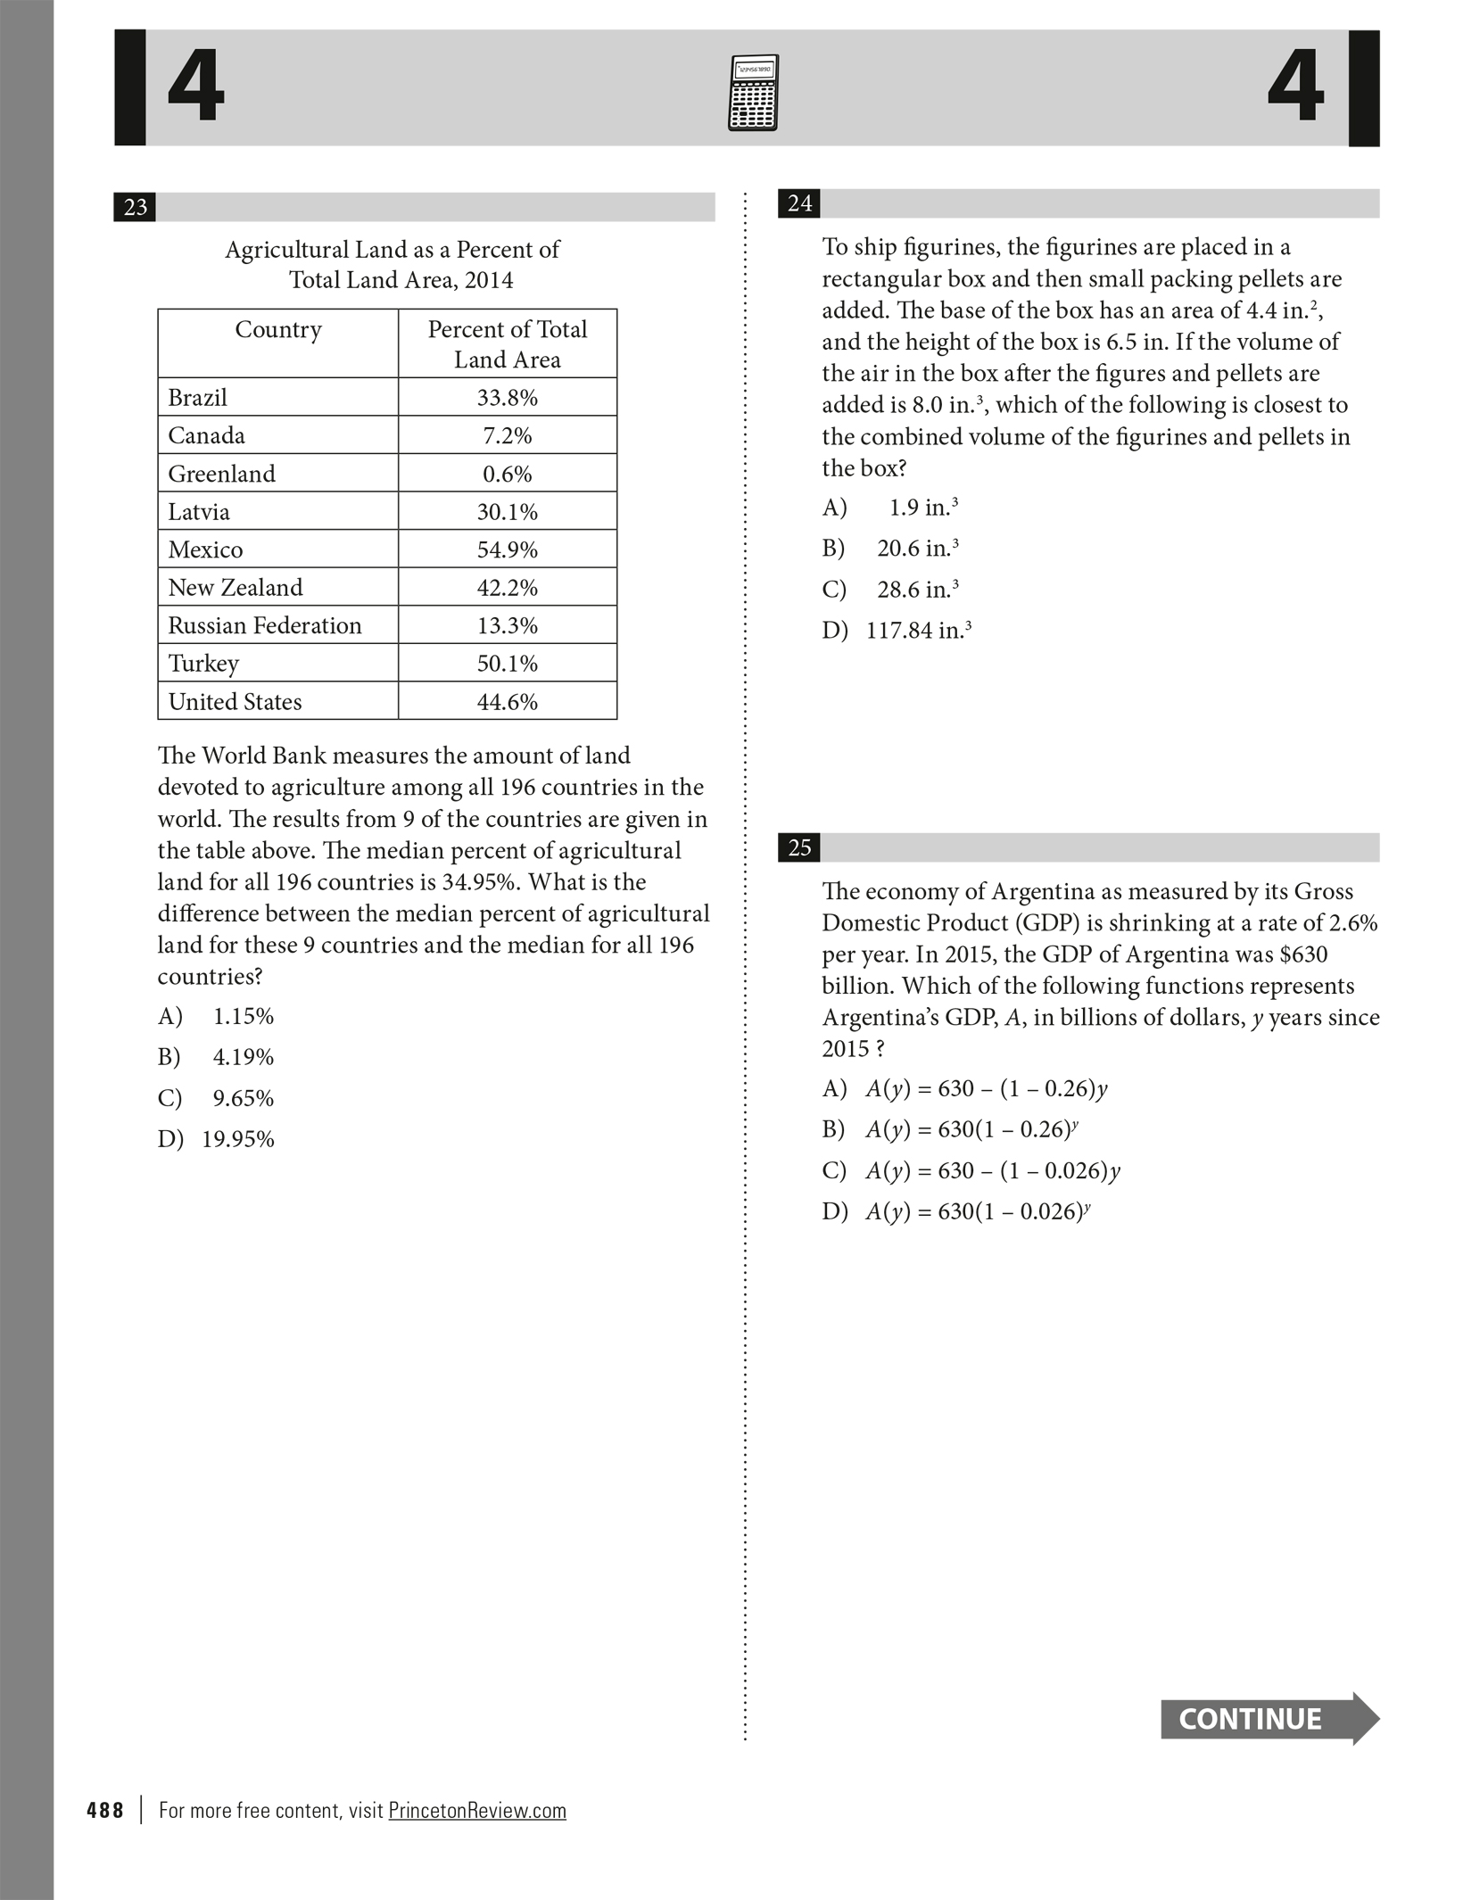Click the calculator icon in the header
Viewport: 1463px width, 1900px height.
(753, 93)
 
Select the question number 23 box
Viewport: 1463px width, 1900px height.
(135, 207)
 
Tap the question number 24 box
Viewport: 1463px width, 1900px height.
(799, 203)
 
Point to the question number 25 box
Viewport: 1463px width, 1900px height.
(799, 847)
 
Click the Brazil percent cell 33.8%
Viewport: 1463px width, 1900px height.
(507, 398)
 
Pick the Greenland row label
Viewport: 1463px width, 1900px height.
(222, 474)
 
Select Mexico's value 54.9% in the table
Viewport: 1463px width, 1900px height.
(507, 549)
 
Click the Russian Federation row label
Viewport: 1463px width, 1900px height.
(265, 625)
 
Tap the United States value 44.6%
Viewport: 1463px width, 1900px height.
(507, 702)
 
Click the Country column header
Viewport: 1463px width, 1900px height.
(278, 330)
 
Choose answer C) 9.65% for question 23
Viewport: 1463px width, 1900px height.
(216, 1098)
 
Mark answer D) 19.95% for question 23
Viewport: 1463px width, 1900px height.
(216, 1139)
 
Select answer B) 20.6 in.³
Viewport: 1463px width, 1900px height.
(890, 549)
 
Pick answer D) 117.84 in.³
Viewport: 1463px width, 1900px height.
(897, 631)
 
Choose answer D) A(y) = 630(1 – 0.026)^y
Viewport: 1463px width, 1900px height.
(956, 1211)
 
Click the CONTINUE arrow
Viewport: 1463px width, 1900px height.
(1269, 1719)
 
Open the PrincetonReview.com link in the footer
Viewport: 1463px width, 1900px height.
(477, 1810)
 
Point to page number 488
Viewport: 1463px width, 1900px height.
(105, 1810)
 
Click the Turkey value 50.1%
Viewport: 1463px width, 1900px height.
(507, 664)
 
